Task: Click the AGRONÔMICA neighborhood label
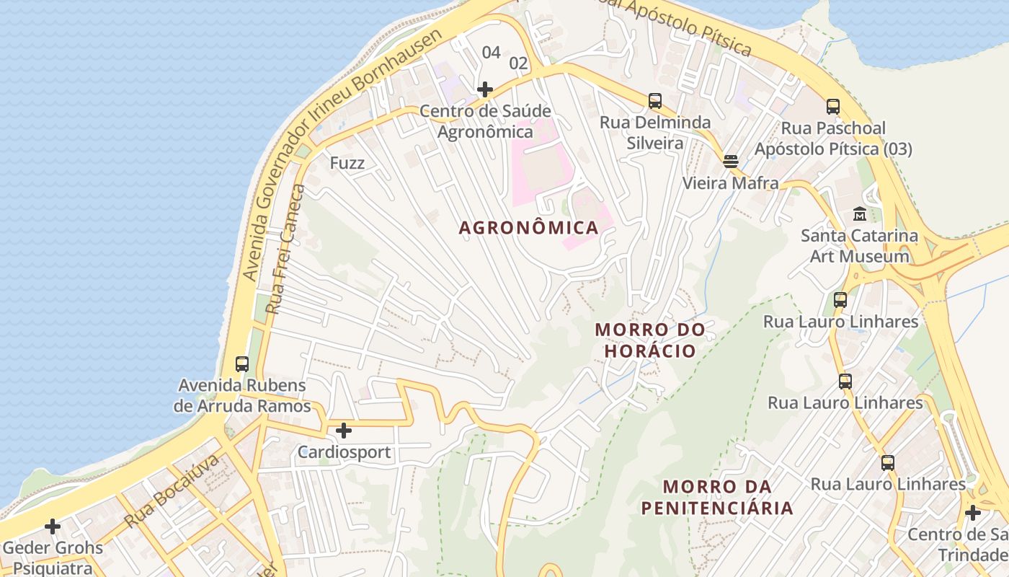click(x=529, y=228)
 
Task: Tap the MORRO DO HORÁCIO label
click(x=650, y=340)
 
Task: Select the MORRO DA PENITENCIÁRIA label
click(x=717, y=497)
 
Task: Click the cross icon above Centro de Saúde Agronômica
click(x=485, y=89)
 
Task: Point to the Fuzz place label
click(x=347, y=163)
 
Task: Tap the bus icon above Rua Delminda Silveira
click(x=654, y=101)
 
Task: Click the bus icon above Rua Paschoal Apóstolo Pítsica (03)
click(x=833, y=107)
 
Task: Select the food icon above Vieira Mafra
click(x=731, y=161)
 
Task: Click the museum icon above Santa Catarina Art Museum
click(x=860, y=214)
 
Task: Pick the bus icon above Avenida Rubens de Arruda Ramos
click(x=242, y=364)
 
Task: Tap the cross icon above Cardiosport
click(x=344, y=431)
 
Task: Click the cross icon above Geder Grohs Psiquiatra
click(x=53, y=526)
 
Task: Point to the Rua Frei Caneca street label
click(x=285, y=249)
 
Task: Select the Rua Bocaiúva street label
click(x=171, y=491)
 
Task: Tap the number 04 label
click(x=491, y=52)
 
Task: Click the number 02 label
click(x=518, y=63)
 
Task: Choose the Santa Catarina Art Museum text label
click(x=859, y=246)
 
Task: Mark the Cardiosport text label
click(x=345, y=453)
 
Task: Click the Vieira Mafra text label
click(x=731, y=183)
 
